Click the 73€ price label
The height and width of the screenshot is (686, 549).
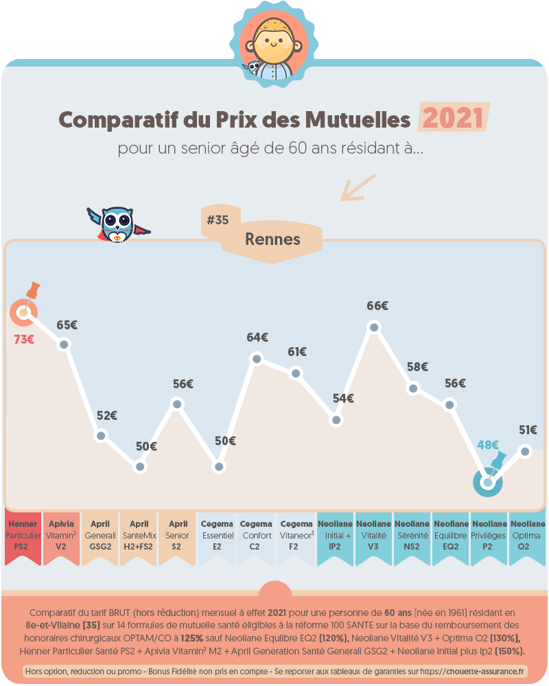tap(24, 338)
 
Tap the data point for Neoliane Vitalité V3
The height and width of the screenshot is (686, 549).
tap(374, 327)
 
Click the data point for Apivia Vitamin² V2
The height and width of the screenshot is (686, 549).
tap(64, 344)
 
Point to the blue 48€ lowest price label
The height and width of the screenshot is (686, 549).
tap(488, 445)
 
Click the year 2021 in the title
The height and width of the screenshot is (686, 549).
tap(453, 119)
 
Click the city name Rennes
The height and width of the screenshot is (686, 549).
tap(272, 239)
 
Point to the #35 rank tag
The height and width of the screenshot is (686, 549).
tap(218, 220)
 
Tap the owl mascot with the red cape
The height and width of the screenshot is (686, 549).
tap(117, 224)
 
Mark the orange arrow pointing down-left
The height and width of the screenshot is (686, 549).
tap(358, 187)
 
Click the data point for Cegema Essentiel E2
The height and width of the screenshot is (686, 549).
tap(219, 466)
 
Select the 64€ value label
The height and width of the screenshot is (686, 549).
tap(257, 338)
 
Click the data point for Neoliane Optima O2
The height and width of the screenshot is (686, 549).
tap(525, 451)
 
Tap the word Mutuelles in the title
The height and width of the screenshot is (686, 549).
tap(353, 119)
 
